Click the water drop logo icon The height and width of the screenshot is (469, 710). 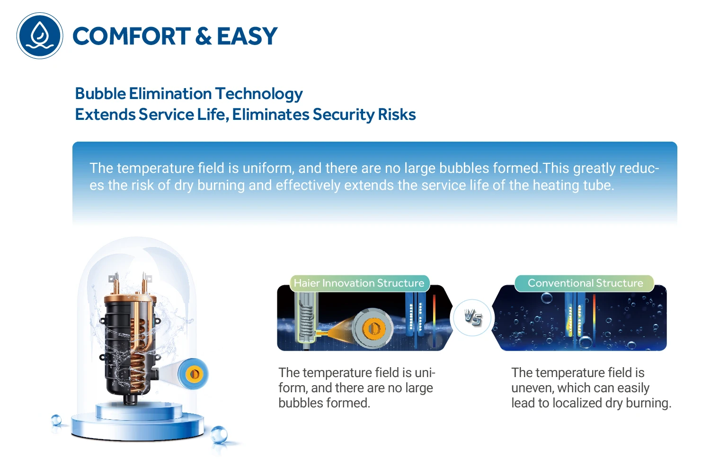pos(40,36)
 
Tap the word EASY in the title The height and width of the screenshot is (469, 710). pos(247,36)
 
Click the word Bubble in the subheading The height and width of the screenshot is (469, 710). pos(100,93)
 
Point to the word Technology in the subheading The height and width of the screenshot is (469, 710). pos(259,94)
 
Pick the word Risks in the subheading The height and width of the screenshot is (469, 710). pos(397,114)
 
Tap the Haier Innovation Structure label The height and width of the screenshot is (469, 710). pos(359,283)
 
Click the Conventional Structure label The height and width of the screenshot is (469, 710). pos(585,283)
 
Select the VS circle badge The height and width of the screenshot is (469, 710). pos(472,317)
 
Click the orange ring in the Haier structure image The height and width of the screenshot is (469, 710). pos(373,328)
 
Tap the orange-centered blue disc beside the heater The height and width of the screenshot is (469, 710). pos(193,374)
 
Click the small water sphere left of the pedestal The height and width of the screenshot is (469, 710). pos(56,420)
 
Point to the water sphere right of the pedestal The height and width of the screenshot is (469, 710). pos(219,435)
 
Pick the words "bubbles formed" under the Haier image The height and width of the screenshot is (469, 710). pos(324,403)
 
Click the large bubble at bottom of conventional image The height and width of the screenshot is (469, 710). pos(585,342)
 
